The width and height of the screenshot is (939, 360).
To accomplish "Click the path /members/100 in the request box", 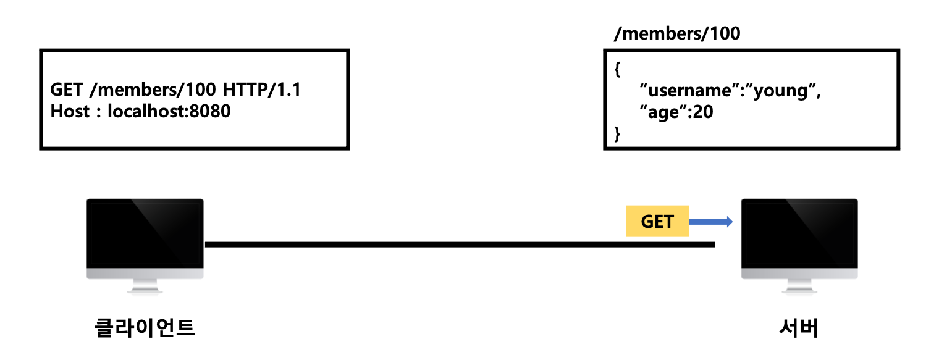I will pos(153,90).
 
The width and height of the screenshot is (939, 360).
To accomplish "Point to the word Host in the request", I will pos(69,112).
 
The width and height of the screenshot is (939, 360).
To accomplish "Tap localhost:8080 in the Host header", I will pos(169,112).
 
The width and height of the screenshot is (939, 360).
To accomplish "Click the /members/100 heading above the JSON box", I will pos(676,33).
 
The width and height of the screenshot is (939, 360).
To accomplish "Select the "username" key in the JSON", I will pos(687,91).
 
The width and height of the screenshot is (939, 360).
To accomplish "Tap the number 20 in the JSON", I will pos(702,112).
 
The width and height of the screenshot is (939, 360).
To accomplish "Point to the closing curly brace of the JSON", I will pos(617,134).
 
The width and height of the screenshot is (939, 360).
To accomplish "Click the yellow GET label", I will pos(657,221).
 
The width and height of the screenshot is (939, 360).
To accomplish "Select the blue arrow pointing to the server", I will pos(710,221).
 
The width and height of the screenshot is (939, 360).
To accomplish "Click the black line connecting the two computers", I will pos(460,245).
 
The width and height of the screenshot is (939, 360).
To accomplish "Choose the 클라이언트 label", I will pos(145,328).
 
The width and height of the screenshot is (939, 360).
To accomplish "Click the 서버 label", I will pos(799,328).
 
